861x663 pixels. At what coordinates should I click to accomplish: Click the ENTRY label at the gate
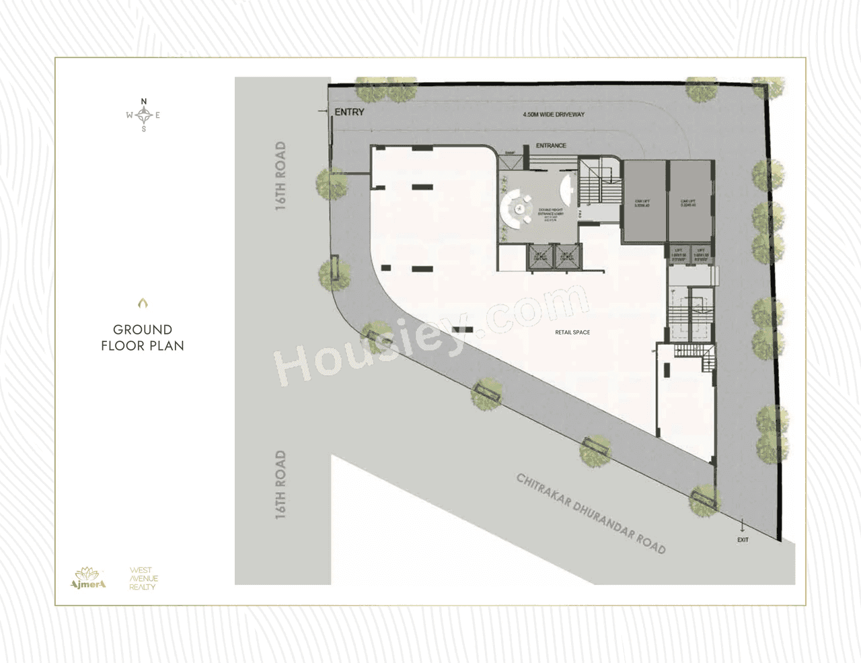349,112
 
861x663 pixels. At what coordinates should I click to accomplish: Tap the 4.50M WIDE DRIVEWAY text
554,114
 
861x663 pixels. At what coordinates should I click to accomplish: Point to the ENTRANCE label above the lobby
551,145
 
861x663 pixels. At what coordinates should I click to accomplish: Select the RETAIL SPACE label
572,333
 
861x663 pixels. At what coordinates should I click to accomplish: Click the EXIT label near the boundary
743,540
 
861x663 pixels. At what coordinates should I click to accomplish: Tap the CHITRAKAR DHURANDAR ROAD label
591,514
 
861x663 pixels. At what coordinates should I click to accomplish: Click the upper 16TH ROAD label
280,176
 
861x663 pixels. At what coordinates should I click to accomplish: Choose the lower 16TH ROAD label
280,485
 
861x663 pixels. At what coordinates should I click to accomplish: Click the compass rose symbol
143,115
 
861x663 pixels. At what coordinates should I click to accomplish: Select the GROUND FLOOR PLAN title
143,338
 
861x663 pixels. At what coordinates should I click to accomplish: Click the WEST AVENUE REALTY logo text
143,578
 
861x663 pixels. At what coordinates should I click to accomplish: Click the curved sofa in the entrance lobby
515,207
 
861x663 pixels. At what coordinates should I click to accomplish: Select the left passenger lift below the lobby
540,257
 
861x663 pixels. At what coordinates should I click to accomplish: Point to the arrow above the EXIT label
743,526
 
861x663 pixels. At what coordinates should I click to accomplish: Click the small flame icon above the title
143,304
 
